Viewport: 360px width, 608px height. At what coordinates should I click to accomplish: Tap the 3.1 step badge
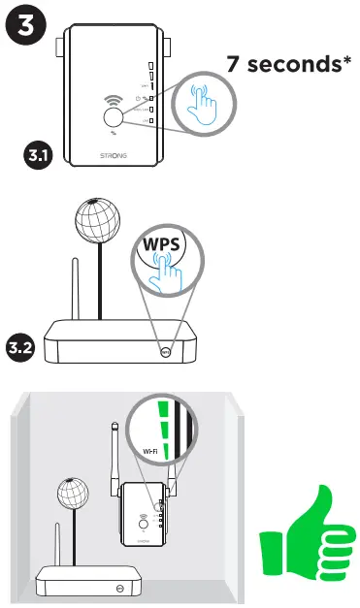38,153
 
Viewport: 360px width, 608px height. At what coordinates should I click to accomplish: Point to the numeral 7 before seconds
234,65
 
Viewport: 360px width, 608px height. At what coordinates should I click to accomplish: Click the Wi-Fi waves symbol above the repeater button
114,97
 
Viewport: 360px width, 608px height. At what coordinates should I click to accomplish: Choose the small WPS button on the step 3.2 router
167,353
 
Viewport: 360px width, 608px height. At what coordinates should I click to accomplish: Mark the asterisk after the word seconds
346,60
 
